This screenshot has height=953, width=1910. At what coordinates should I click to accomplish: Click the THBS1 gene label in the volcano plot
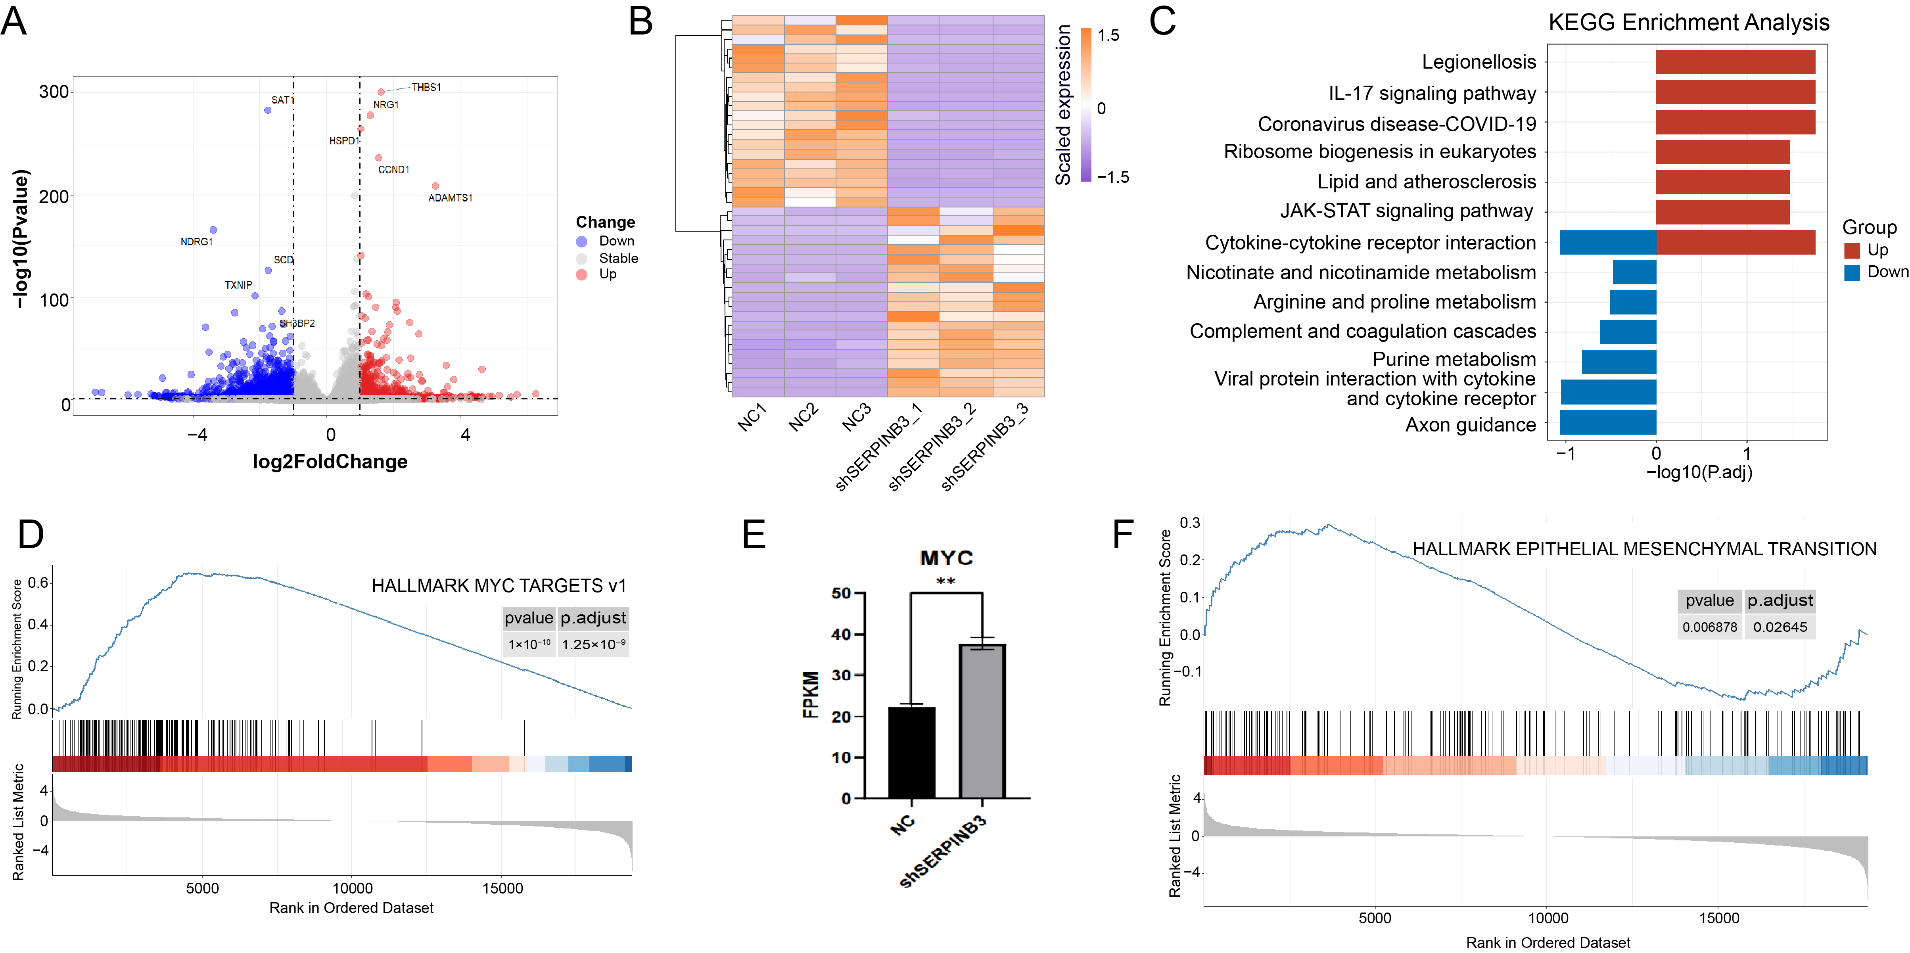426,88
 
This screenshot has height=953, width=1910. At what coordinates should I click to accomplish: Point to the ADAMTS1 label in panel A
450,198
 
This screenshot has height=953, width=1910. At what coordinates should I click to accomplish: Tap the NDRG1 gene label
196,242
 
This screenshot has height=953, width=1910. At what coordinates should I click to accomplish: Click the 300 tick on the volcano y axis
54,92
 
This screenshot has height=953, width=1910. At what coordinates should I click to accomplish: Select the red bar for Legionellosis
1736,62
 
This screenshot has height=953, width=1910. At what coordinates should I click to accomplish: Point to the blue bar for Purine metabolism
1619,362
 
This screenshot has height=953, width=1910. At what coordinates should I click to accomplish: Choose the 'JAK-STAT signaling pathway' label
1407,211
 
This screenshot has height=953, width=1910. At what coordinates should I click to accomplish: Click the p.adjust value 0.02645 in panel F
1780,627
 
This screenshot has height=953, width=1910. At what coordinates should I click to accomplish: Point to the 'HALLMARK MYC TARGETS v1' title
499,586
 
